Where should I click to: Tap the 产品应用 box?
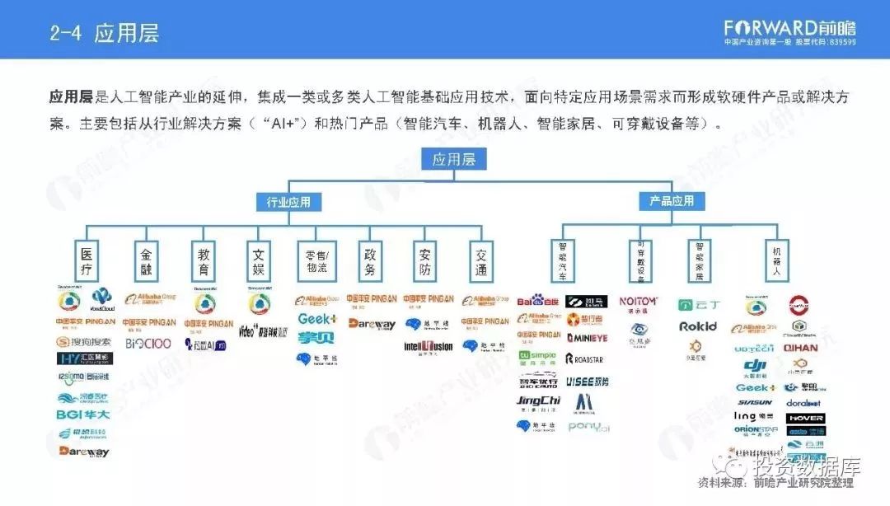point(672,201)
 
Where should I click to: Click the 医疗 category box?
point(86,260)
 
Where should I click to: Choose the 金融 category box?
point(145,260)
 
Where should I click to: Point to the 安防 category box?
point(425,260)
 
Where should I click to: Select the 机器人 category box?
point(775,260)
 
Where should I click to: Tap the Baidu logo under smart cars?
point(537,302)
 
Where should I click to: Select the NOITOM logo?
point(638,302)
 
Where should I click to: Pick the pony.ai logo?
point(588,427)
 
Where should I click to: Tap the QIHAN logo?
point(800,348)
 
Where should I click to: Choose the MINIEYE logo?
point(586,338)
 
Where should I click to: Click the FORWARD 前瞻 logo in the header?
point(789,26)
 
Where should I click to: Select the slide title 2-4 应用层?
point(104,33)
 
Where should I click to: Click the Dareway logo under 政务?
point(372,325)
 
